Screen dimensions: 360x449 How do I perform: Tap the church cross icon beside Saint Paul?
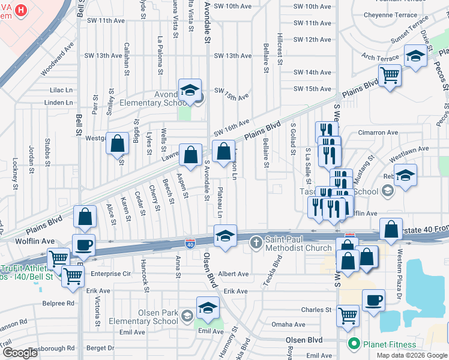pyautogui.click(x=256, y=242)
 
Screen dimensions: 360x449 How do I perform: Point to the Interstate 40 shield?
pyautogui.click(x=190, y=243)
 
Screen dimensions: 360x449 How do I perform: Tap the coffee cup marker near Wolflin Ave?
pyautogui.click(x=83, y=245)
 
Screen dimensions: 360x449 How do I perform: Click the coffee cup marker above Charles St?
pyautogui.click(x=373, y=299)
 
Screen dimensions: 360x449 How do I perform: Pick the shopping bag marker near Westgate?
pyautogui.click(x=118, y=143)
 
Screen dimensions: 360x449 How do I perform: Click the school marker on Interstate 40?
pyautogui.click(x=225, y=236)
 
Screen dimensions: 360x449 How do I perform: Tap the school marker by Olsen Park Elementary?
pyautogui.click(x=208, y=308)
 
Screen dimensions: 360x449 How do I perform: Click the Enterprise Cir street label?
pyautogui.click(x=110, y=274)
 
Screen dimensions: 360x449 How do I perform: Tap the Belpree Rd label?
pyautogui.click(x=62, y=304)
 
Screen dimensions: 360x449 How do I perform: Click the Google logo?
pyautogui.click(x=20, y=353)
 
